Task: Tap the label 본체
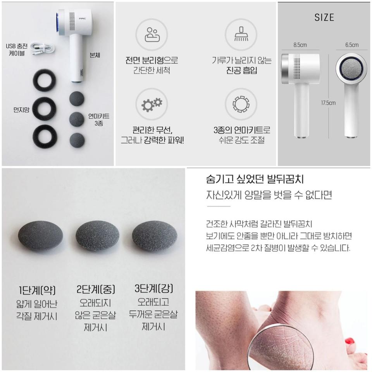(x=95, y=55)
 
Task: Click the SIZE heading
(x=324, y=17)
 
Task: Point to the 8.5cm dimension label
(x=300, y=45)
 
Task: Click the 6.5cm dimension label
(x=352, y=45)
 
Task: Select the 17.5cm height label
(x=328, y=103)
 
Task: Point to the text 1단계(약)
(x=37, y=290)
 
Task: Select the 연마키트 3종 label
(x=98, y=119)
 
